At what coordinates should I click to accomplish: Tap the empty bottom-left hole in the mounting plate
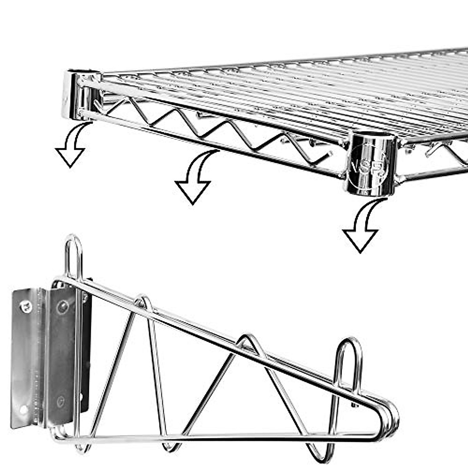pos(23,409)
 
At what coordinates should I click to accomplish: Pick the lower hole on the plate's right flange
pos(60,400)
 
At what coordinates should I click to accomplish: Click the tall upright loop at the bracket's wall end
pos(73,253)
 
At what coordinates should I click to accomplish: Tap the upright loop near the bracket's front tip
pos(349,359)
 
